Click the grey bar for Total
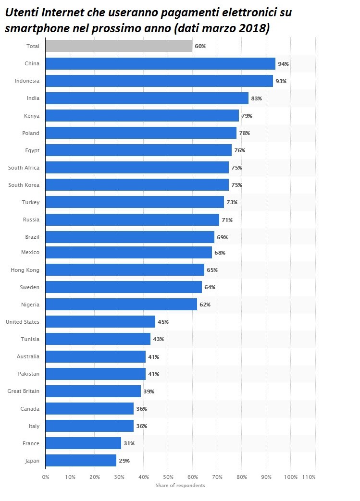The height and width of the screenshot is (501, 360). point(119,46)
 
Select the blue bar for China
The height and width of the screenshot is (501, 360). point(161,63)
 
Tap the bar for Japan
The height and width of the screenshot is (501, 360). point(81,461)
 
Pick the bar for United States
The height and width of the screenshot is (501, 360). point(100,322)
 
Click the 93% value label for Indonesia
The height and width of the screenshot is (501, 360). point(281,81)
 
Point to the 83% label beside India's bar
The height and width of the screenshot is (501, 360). point(256,98)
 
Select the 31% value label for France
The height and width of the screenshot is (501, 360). point(129,443)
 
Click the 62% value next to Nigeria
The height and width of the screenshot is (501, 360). point(205,305)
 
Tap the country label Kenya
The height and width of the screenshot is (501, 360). point(32,116)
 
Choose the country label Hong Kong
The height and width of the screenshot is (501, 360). point(25,270)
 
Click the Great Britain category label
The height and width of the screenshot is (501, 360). point(24,391)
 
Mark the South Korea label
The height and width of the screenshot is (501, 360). point(24,185)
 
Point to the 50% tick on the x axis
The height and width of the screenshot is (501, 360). point(168,477)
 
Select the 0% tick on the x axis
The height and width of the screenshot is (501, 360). point(46,477)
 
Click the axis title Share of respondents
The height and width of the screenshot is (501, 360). point(180,485)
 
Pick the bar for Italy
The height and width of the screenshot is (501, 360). point(90,426)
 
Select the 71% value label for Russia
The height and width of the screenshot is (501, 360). point(227,220)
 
